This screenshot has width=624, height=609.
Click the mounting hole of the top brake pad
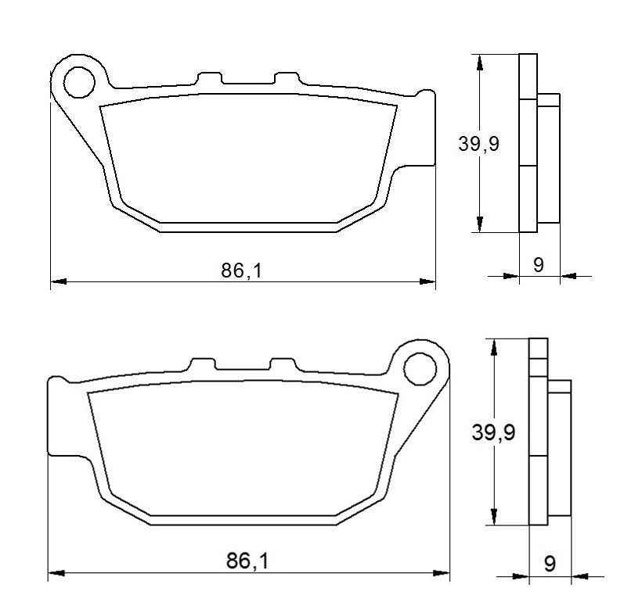click(79, 82)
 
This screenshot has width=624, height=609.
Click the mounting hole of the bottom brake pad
click(421, 367)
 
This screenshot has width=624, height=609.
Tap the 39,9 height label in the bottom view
click(493, 432)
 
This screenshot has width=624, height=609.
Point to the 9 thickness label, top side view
click(539, 264)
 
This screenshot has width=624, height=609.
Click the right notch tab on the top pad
click(285, 80)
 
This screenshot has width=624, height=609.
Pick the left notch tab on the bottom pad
click(202, 365)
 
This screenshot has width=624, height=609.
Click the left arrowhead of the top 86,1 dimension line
click(56, 281)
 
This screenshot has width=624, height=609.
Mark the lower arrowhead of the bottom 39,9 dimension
click(493, 519)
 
